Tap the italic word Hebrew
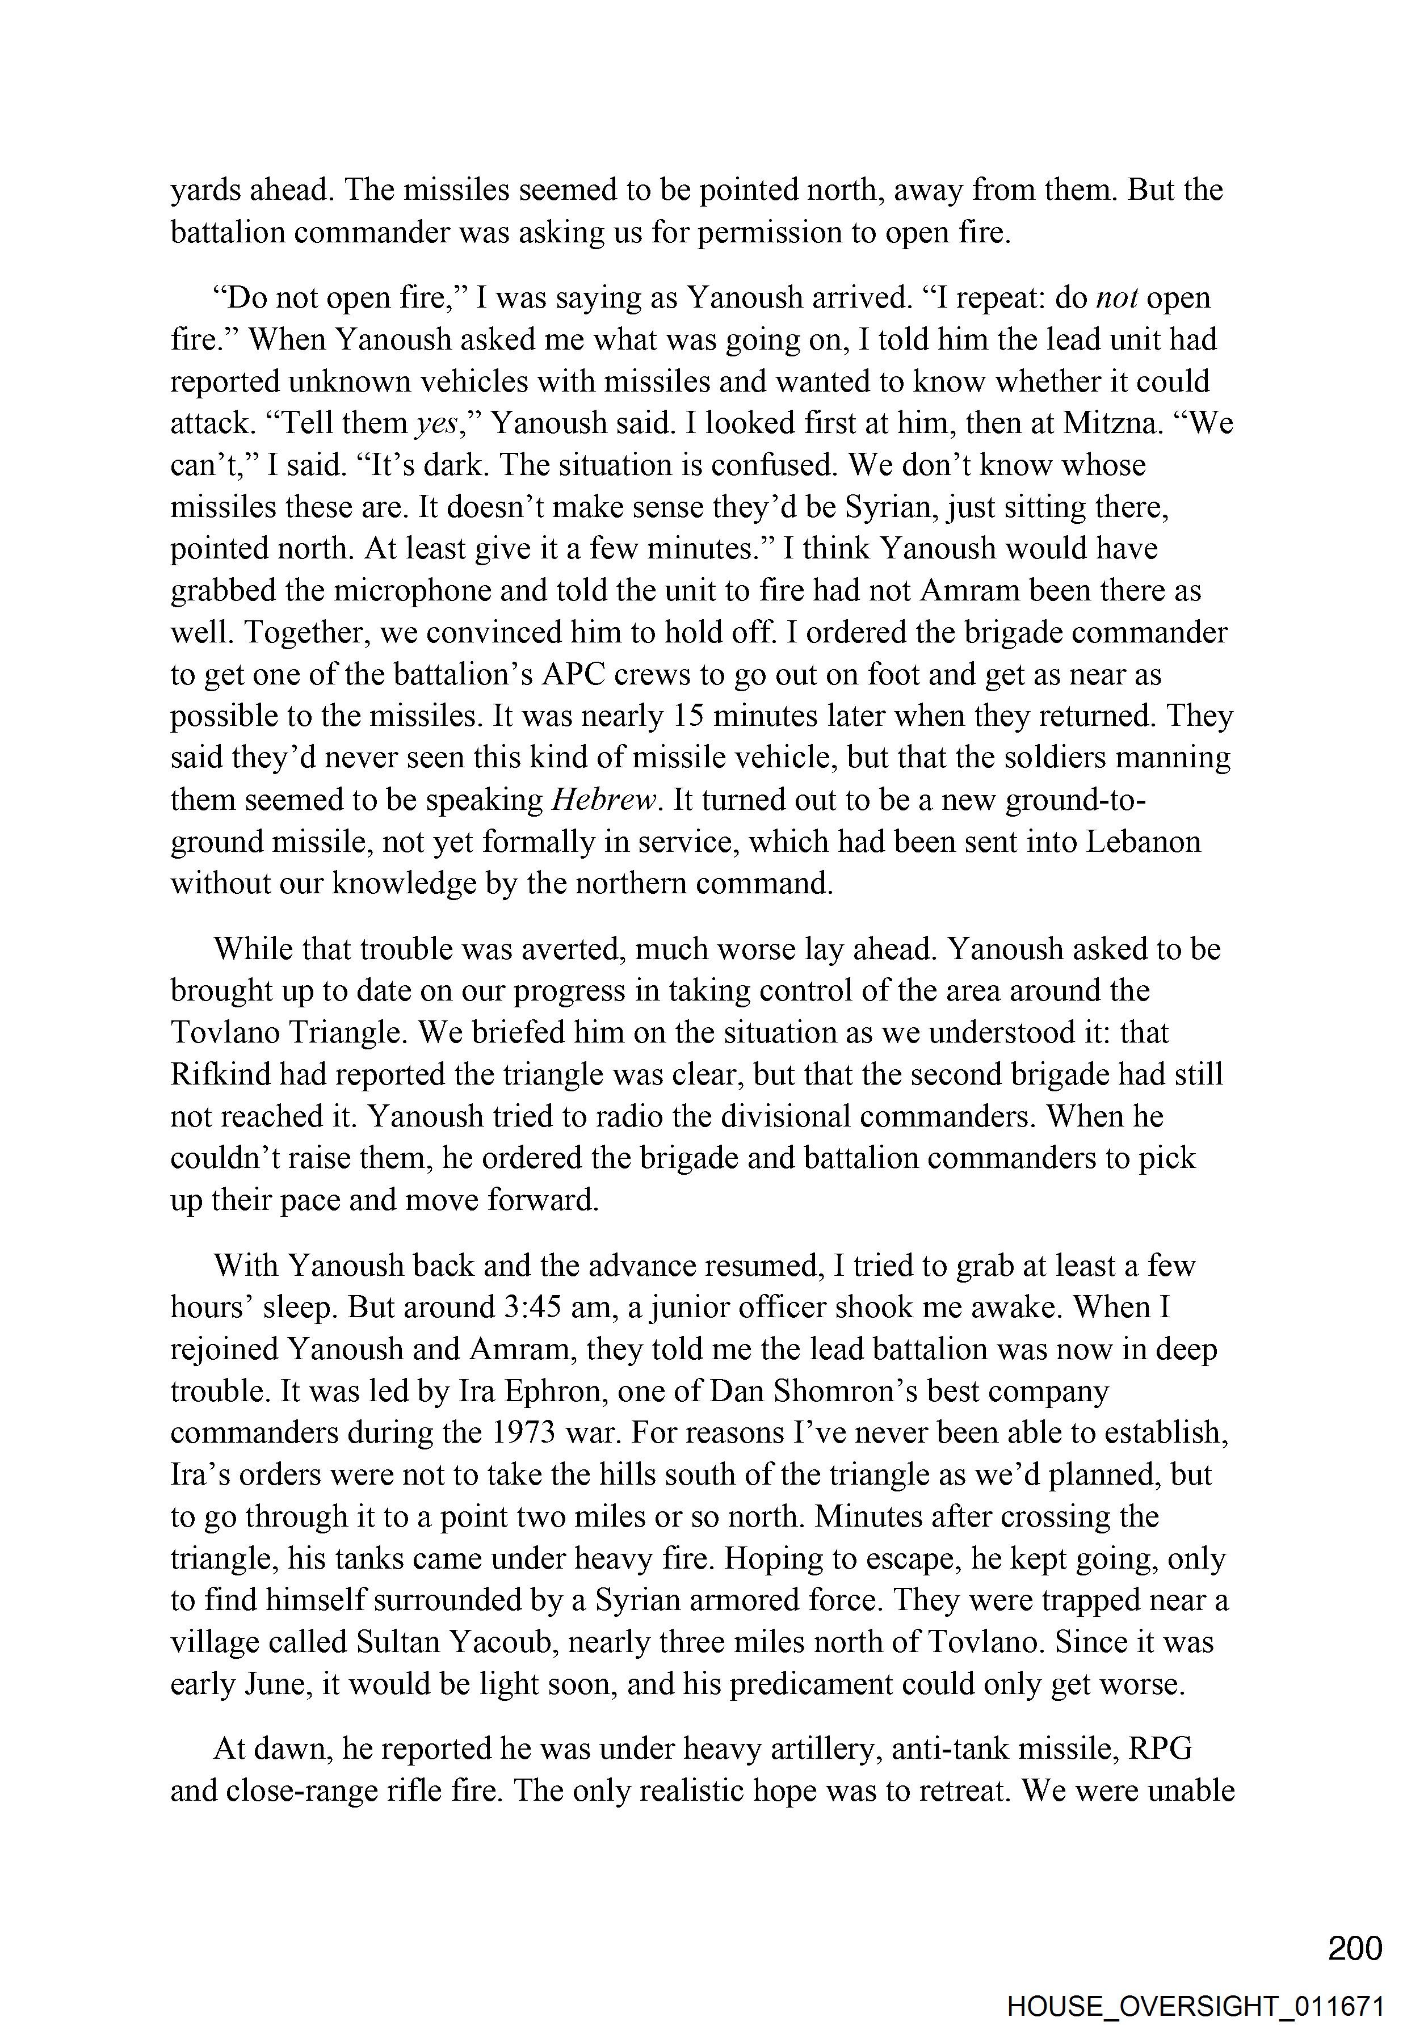605,800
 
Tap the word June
277,1684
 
